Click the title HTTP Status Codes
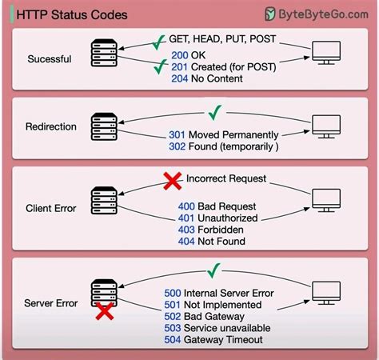pyautogui.click(x=61, y=14)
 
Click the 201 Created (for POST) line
pyautogui.click(x=219, y=67)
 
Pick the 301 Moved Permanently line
pyautogui.click(x=225, y=134)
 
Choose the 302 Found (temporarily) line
pyautogui.click(x=223, y=146)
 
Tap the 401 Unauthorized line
pyautogui.click(x=217, y=218)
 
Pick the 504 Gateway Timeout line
pyautogui.click(x=223, y=341)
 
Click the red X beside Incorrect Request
pyautogui.click(x=172, y=182)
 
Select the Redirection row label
pyautogui.click(x=52, y=127)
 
